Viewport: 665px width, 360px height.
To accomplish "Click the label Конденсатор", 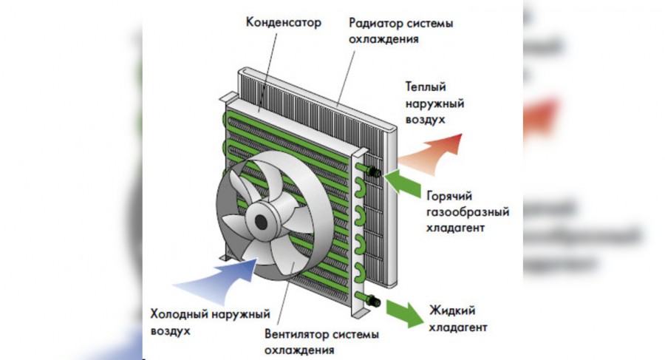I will (x=284, y=22).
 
